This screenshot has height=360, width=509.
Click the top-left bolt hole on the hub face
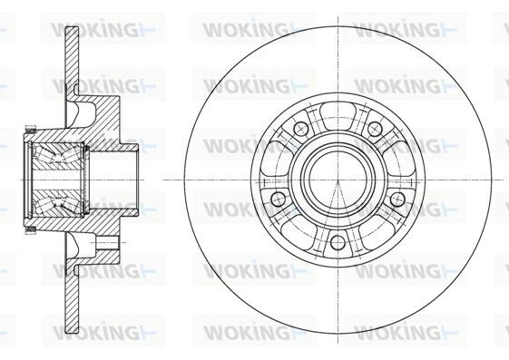click(300, 130)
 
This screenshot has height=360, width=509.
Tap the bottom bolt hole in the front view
click(338, 241)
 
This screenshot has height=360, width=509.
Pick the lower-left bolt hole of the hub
click(278, 198)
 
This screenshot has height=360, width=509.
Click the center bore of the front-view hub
click(338, 178)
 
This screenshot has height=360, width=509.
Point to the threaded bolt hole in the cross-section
click(107, 243)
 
